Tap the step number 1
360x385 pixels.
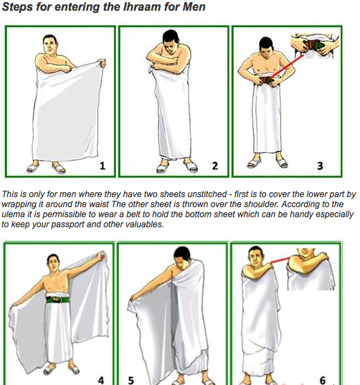103,166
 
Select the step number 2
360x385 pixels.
215,166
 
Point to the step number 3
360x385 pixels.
320,166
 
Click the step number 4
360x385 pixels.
101,380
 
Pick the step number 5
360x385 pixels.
131,380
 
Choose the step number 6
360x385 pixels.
323,380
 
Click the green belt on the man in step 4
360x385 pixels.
57,300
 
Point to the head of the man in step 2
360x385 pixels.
171,41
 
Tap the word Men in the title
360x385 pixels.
194,6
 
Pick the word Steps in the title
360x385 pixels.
17,6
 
